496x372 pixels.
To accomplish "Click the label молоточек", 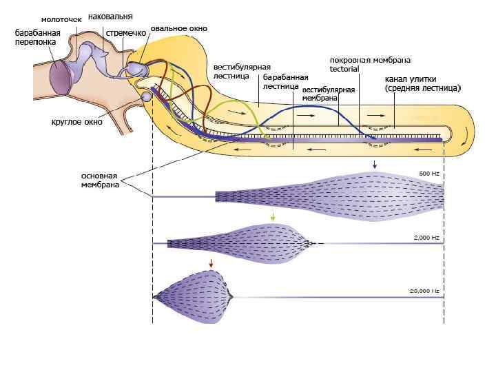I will (x=61, y=19).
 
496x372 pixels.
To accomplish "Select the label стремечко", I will (x=125, y=32).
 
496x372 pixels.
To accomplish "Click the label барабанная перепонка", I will (x=39, y=37).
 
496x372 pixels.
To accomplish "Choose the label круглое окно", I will (x=77, y=122).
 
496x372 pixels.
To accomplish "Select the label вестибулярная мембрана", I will (x=328, y=94).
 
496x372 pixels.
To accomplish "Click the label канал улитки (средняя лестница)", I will (x=422, y=83).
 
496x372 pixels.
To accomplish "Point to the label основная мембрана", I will (x=99, y=180).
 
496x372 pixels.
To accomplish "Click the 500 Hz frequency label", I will (x=428, y=173).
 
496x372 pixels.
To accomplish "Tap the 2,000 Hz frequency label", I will (x=426, y=237).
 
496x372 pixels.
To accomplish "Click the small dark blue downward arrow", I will (x=374, y=164).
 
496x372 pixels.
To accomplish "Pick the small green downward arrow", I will (x=273, y=217).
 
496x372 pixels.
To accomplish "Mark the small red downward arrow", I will (x=211, y=262).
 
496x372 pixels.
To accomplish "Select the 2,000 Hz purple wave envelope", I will (x=248, y=242).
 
